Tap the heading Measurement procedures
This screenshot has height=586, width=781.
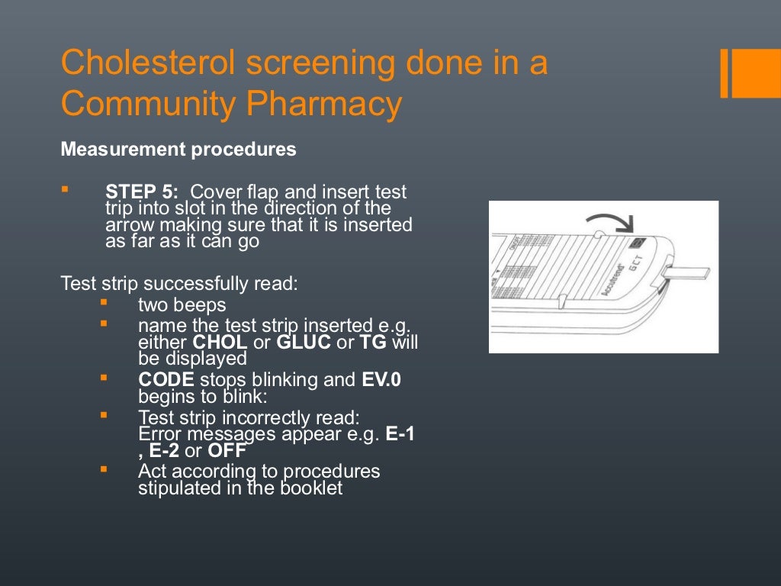tap(178, 150)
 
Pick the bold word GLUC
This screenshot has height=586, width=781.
tap(304, 342)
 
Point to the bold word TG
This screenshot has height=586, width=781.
tap(373, 342)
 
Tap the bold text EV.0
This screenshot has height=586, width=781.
tap(381, 379)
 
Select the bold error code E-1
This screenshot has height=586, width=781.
tap(401, 434)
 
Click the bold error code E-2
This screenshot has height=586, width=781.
tap(164, 451)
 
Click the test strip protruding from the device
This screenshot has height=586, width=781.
tap(691, 272)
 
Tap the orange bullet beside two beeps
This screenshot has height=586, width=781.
tap(104, 303)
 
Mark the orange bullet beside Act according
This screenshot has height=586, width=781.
tap(104, 469)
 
